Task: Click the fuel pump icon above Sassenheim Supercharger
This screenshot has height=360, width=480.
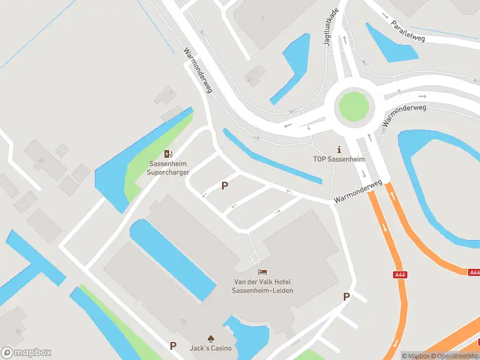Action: [x=169, y=154]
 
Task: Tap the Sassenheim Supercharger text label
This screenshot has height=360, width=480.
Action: [x=169, y=168]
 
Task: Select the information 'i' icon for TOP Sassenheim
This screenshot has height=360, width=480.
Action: [x=339, y=149]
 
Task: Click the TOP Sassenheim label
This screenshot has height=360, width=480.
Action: [x=339, y=160]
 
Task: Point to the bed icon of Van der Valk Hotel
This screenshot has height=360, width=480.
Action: [x=263, y=273]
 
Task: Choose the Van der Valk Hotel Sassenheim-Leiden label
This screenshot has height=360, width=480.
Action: [x=263, y=286]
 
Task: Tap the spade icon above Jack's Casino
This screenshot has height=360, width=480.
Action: [x=211, y=338]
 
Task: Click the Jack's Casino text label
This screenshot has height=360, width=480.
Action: [x=211, y=349]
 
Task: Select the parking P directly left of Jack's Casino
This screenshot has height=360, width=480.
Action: [x=173, y=346]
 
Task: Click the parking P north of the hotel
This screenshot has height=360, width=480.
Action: [x=224, y=186]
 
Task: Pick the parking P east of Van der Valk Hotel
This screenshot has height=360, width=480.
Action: [x=346, y=296]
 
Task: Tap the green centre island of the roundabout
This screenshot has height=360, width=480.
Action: [x=354, y=106]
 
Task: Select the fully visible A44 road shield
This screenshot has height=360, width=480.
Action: [x=400, y=275]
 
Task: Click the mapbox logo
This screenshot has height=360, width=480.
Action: [x=26, y=353]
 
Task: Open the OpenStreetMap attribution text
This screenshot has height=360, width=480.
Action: [x=454, y=356]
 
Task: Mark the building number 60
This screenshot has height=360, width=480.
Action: [x=41, y=160]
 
